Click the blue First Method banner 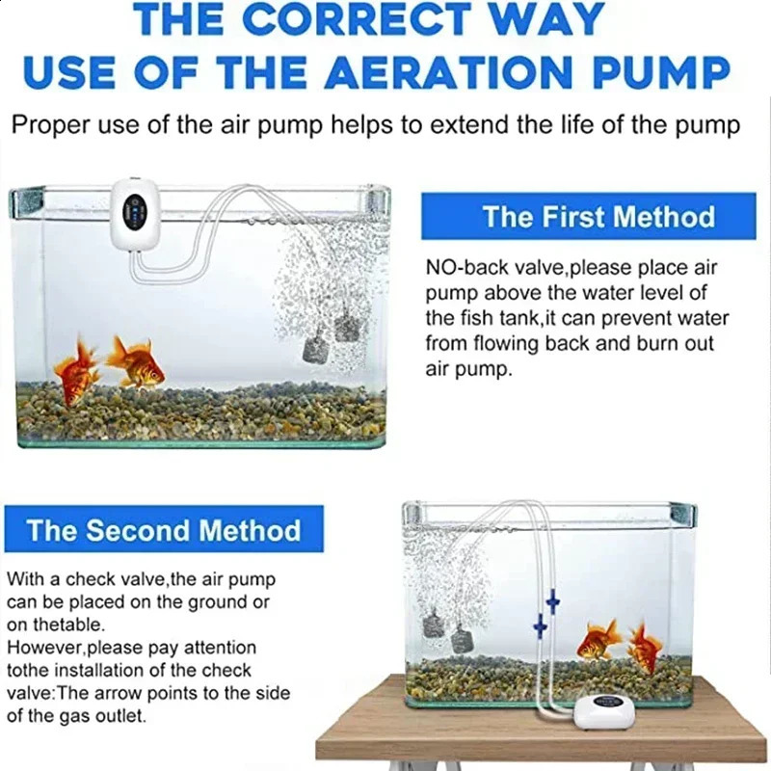pyautogui.click(x=588, y=216)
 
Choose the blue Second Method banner pyautogui.click(x=164, y=530)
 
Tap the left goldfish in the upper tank pyautogui.click(x=77, y=371)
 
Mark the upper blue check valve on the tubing pyautogui.click(x=552, y=603)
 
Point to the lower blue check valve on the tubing pyautogui.click(x=540, y=627)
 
